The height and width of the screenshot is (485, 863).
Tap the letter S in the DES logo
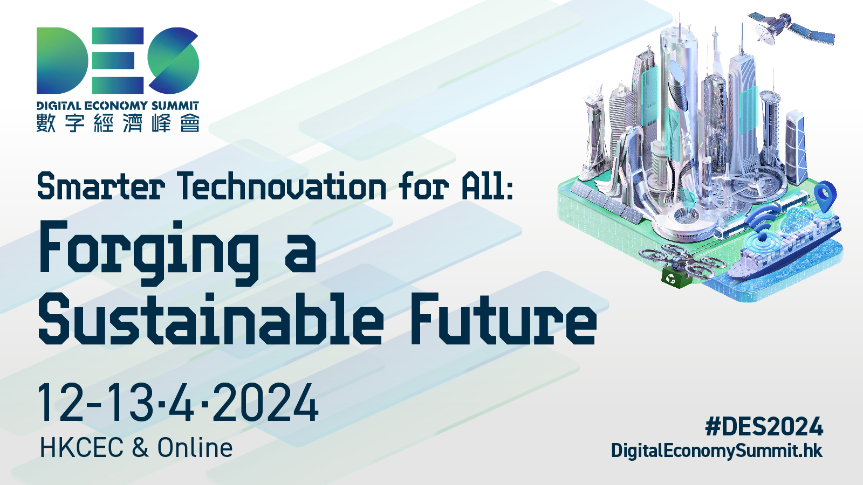[x=173, y=60]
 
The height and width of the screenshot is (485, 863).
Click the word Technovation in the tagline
[x=282, y=186]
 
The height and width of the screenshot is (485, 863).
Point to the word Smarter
[x=101, y=186]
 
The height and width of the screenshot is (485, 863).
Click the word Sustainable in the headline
[x=211, y=318]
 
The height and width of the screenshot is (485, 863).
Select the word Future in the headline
[x=504, y=318]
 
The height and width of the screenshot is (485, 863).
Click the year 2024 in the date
[x=265, y=403]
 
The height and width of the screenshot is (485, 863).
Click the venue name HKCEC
[x=81, y=448]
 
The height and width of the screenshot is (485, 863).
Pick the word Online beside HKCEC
[x=195, y=448]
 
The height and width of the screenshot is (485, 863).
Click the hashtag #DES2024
[x=764, y=426]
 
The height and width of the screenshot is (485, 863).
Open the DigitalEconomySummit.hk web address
[x=717, y=451]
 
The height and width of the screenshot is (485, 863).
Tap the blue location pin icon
[x=826, y=196]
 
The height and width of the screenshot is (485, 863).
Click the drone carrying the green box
[x=681, y=264]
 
